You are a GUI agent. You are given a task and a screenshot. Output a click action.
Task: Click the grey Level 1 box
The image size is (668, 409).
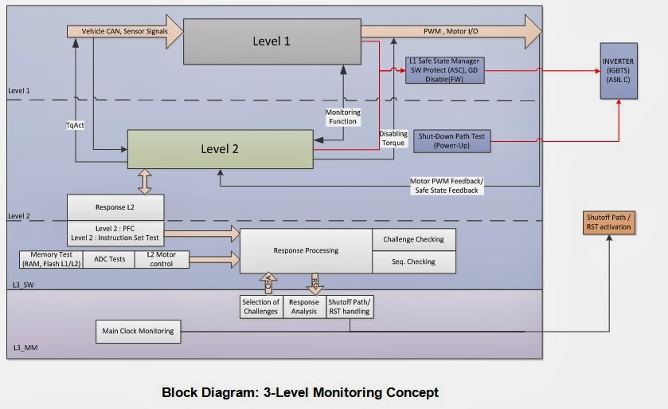(271, 41)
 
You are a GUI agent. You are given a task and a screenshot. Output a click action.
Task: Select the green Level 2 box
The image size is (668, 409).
(219, 149)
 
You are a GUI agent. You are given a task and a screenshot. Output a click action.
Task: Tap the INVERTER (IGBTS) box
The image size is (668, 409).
(619, 71)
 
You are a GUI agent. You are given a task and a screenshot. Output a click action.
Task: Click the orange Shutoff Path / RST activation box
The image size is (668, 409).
(608, 222)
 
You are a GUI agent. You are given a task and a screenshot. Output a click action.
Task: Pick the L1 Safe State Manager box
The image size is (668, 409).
(444, 70)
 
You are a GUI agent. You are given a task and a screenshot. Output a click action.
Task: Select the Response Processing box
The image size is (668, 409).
(306, 250)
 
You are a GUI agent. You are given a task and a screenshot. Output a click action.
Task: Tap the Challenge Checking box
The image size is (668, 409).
(414, 239)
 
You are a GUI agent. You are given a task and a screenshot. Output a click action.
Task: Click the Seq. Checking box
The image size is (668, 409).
(414, 262)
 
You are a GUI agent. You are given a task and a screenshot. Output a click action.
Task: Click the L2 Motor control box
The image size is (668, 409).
(162, 259)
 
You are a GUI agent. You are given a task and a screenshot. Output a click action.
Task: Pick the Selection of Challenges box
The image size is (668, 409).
(260, 307)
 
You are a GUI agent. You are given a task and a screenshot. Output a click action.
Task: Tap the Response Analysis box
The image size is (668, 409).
(304, 307)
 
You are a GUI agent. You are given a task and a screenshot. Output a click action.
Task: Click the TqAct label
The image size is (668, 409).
(75, 125)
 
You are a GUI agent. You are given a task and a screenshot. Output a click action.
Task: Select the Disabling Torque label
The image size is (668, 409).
(393, 138)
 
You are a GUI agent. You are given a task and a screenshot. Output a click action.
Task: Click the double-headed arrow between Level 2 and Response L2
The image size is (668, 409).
(145, 181)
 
